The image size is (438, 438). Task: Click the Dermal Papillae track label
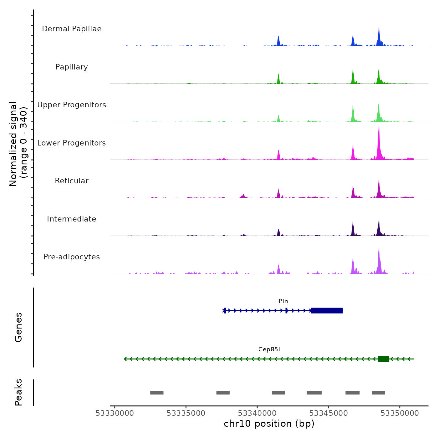coord(72,29)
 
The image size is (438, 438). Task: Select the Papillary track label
coord(72,67)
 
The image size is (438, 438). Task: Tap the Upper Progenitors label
coord(72,105)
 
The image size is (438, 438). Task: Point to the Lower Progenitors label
coord(72,143)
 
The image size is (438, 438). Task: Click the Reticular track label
coord(72,181)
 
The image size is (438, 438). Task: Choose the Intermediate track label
coord(72,219)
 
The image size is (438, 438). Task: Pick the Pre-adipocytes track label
coord(72,257)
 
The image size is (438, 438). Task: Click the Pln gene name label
coord(283,301)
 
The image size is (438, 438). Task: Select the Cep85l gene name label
coord(269,349)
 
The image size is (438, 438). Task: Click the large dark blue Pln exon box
coord(327,311)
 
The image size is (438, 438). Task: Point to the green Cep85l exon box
coord(384,359)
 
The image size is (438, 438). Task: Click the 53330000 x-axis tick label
coord(115,413)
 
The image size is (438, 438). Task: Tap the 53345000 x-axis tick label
coord(328,413)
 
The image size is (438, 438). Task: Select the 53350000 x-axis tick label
coord(400,413)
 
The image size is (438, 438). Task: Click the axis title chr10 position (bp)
coord(269,424)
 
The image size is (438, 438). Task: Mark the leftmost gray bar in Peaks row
coord(157,393)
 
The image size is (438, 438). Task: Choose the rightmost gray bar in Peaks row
coord(379,393)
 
